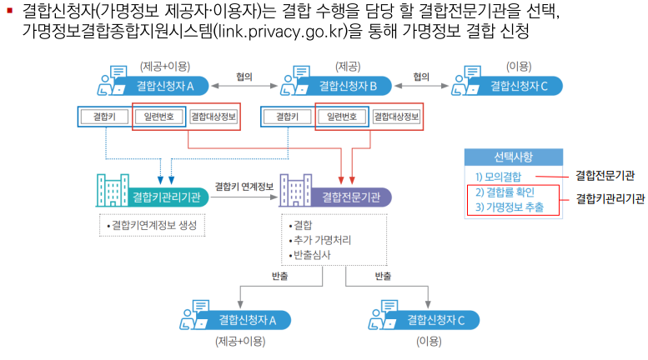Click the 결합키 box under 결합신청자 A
(103, 117)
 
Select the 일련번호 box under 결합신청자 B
(341, 117)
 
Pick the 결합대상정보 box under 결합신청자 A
(214, 117)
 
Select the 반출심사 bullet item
(309, 254)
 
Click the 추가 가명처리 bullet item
(319, 240)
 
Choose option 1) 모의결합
(499, 177)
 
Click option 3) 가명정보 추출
(509, 207)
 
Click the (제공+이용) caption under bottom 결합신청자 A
(239, 341)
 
